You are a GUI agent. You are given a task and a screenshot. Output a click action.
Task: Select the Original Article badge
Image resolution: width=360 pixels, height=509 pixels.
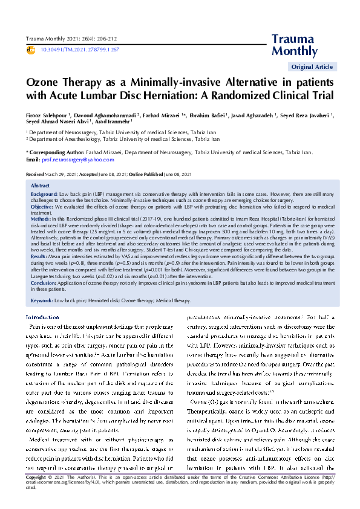pos(312,66)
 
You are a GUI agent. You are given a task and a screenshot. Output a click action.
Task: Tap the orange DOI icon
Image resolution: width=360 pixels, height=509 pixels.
pos(31,49)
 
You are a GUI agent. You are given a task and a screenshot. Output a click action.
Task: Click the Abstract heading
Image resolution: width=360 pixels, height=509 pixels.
pos(40,185)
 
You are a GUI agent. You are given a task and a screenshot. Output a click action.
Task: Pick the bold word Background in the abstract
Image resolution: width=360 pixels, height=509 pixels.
pos(44,193)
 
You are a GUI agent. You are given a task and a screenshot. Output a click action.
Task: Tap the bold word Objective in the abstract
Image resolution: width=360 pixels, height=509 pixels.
pos(42,207)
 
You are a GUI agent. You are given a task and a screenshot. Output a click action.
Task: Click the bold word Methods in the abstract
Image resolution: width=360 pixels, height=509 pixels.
pos(41,217)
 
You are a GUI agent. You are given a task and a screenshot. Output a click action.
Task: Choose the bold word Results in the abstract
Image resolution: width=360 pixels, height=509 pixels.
pos(39,256)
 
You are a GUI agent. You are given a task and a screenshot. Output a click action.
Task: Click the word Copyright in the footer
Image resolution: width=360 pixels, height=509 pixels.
pos(35,494)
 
